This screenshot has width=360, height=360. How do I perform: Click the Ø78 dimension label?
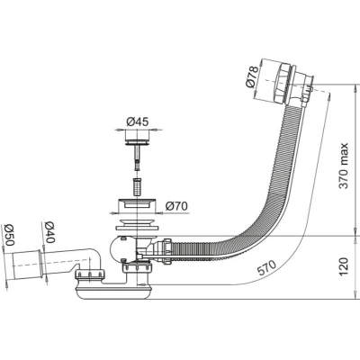[252, 76]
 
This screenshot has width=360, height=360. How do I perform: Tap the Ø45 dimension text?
[138, 121]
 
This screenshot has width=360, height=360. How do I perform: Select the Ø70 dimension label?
[176, 206]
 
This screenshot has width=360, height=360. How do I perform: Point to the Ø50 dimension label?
[8, 235]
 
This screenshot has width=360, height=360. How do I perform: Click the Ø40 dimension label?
[49, 232]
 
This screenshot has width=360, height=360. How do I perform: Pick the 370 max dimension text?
[344, 166]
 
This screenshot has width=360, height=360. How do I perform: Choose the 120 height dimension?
[344, 266]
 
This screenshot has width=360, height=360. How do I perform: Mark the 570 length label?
[265, 268]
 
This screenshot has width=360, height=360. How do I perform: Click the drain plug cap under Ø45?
[138, 141]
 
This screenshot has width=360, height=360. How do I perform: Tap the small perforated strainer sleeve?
[137, 187]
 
